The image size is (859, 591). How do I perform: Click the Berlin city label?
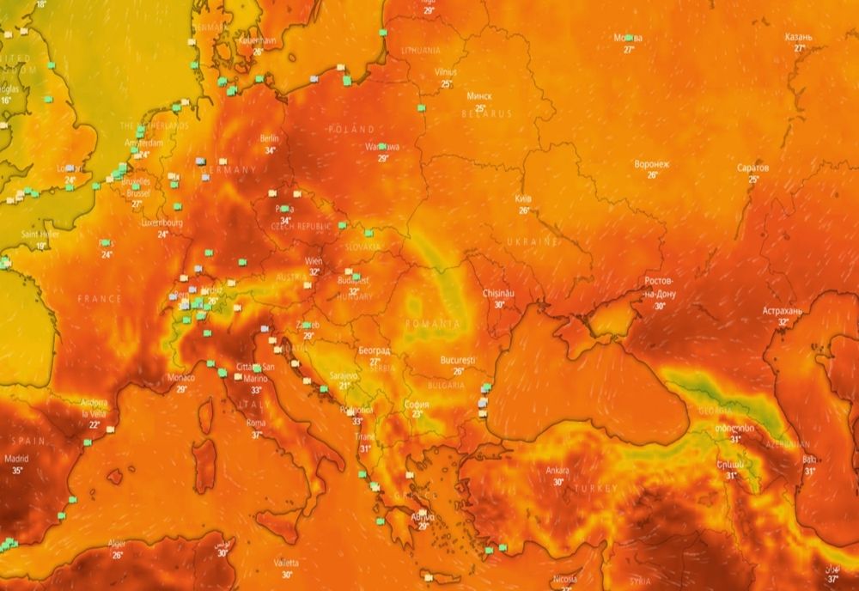(x=269, y=138)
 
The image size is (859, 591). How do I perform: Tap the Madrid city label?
(x=15, y=459)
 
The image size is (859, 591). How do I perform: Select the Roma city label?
(x=256, y=423)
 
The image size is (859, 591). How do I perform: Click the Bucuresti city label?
(x=458, y=360)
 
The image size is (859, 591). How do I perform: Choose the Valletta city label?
(x=286, y=563)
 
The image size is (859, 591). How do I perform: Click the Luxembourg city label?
(x=161, y=222)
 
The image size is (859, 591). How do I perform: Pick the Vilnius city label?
(x=446, y=72)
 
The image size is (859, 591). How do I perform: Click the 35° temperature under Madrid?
(x=17, y=471)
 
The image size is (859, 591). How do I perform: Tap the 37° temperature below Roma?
(x=256, y=435)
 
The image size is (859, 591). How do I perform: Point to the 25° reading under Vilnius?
(x=446, y=84)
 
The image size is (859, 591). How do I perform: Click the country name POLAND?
(x=351, y=129)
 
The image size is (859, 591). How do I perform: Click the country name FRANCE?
(x=100, y=298)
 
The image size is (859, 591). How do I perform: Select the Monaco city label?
(x=181, y=377)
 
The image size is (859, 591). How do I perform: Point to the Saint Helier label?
(x=40, y=235)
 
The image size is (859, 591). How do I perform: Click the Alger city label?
(x=117, y=544)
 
